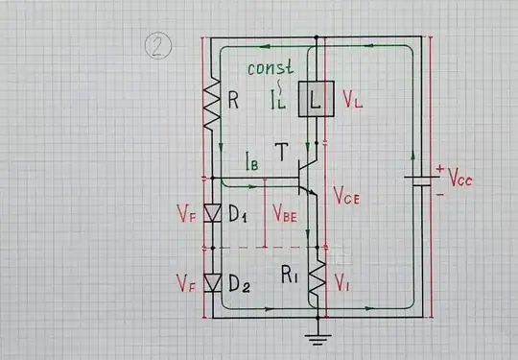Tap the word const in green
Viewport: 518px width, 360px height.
(x=270, y=69)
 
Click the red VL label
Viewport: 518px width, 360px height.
(x=351, y=99)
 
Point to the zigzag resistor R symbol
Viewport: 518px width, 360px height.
(x=208, y=100)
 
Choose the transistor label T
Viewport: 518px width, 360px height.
(x=281, y=152)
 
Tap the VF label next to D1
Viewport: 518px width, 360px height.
(x=185, y=212)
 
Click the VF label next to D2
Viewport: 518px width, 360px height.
(x=185, y=283)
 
